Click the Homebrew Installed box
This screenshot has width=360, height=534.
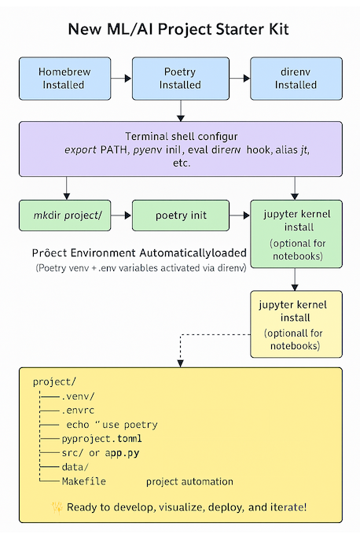click(64, 79)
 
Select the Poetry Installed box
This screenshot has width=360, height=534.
click(180, 79)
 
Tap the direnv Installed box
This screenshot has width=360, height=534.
click(296, 79)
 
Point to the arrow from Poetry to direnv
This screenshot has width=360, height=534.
click(239, 79)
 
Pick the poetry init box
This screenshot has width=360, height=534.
click(181, 215)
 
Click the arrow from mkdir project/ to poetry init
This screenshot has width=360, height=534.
click(122, 215)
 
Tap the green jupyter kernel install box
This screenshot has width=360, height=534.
click(296, 233)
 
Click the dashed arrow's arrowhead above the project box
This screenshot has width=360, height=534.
click(181, 362)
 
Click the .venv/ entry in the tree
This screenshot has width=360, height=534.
click(78, 396)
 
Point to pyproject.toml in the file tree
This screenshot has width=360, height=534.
click(99, 439)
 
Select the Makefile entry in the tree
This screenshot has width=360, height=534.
click(83, 481)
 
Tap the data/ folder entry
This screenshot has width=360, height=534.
click(75, 467)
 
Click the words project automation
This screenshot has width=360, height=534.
click(189, 481)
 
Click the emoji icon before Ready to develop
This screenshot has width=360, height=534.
click(57, 507)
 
